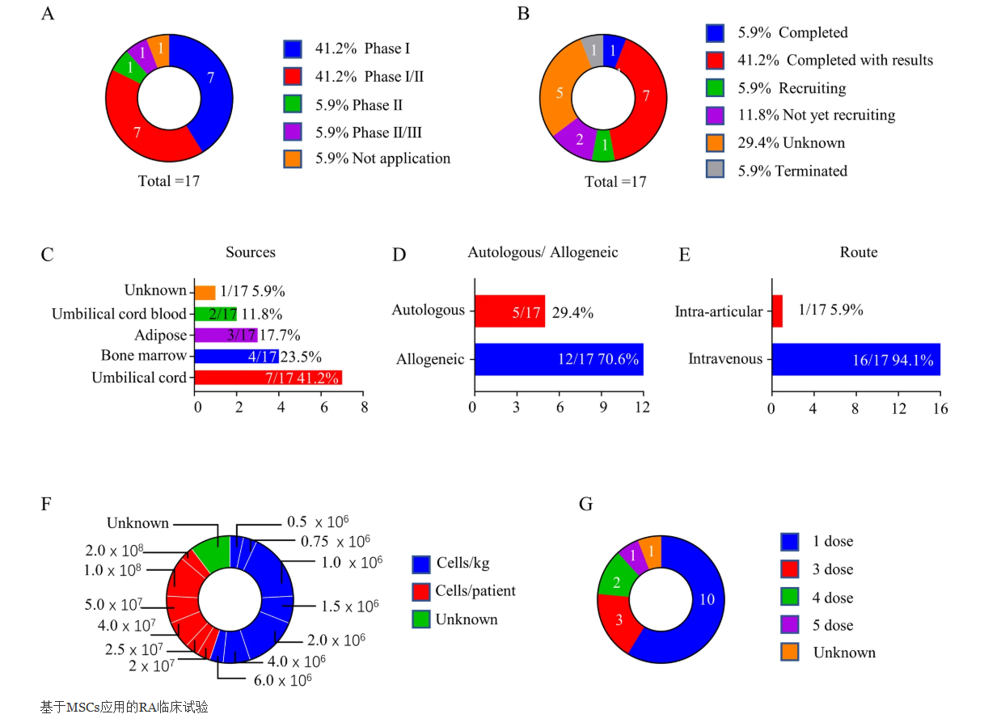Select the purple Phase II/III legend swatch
click(293, 131)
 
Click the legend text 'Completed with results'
click(859, 61)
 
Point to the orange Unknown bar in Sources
click(205, 292)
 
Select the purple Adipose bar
click(226, 335)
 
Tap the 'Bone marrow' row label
click(144, 356)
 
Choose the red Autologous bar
click(509, 311)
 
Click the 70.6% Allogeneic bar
click(559, 359)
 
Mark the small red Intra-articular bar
click(777, 311)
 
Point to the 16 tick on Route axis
click(940, 409)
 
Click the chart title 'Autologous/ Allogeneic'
click(543, 253)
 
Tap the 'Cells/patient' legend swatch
click(420, 591)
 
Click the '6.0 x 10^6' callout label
click(282, 680)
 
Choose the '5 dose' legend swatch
click(790, 625)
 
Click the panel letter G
click(586, 505)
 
